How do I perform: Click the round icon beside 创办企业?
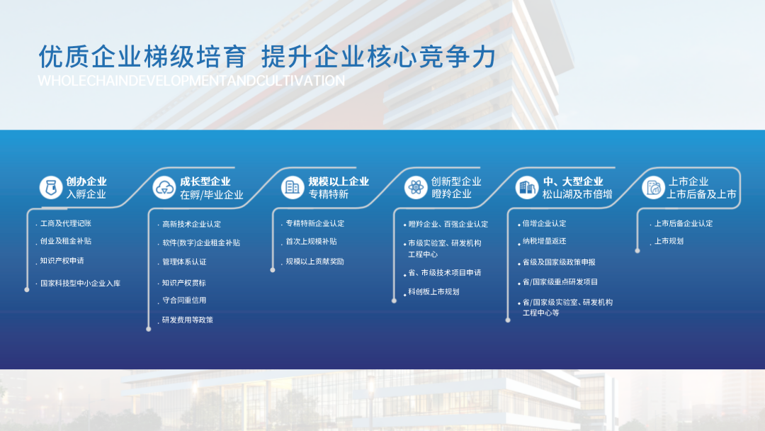pyautogui.click(x=51, y=187)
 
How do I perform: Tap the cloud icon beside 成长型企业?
pyautogui.click(x=164, y=187)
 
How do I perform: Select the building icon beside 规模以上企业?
pyautogui.click(x=293, y=187)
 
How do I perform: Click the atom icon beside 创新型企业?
pyautogui.click(x=416, y=187)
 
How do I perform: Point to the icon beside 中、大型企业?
pyautogui.click(x=527, y=187)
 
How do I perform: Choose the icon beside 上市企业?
pyautogui.click(x=653, y=187)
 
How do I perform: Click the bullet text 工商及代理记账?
pyautogui.click(x=65, y=223)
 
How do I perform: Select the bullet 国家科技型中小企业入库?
pyautogui.click(x=80, y=283)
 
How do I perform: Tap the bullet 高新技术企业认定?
pyautogui.click(x=191, y=224)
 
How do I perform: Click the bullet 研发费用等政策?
pyautogui.click(x=187, y=320)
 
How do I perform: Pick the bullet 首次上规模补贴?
pyautogui.click(x=311, y=241)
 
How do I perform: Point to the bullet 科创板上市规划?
pyautogui.click(x=433, y=291)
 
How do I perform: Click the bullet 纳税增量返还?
pyautogui.click(x=544, y=240)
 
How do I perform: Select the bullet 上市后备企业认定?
pyautogui.click(x=683, y=223)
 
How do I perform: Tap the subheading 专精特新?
pyautogui.click(x=329, y=194)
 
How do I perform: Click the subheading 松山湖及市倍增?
pyautogui.click(x=577, y=194)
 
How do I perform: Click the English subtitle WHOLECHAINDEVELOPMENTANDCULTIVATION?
pyautogui.click(x=191, y=81)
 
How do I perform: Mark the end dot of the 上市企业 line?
pyautogui.click(x=637, y=251)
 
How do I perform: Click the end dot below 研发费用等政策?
pyautogui.click(x=149, y=329)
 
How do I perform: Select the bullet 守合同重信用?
pyautogui.click(x=184, y=300)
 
